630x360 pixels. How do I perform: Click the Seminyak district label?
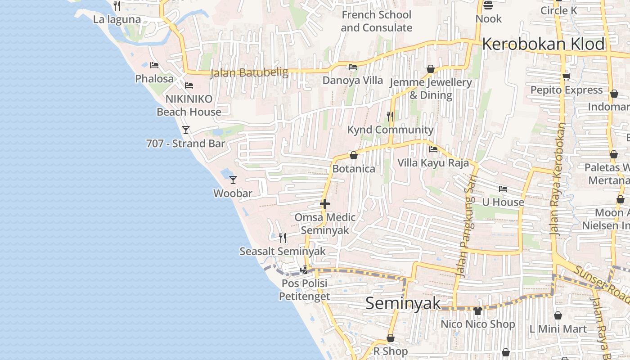click(x=403, y=303)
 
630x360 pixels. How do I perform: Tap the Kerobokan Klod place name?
click(x=543, y=44)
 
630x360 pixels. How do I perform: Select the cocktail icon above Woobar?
click(x=233, y=180)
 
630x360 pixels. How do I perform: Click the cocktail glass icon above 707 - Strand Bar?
click(x=185, y=130)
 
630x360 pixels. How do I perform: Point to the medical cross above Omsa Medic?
click(x=324, y=204)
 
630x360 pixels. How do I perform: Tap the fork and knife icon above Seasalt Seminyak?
click(x=282, y=238)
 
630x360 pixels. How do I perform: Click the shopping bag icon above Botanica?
click(x=354, y=155)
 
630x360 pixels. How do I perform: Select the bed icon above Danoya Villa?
click(x=353, y=67)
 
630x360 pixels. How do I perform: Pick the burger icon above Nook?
click(x=488, y=5)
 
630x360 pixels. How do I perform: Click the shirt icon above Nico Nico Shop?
click(x=477, y=310)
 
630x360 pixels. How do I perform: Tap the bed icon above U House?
click(x=503, y=189)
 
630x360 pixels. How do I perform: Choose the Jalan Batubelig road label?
click(x=249, y=72)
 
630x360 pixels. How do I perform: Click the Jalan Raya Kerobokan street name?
click(x=558, y=180)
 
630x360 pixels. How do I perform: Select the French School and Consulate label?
click(x=376, y=21)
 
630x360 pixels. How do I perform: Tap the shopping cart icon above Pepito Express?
click(x=566, y=76)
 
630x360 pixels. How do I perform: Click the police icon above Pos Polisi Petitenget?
click(x=304, y=270)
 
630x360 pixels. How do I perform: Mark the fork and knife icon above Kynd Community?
click(x=390, y=117)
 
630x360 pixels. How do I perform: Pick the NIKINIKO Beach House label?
click(x=189, y=105)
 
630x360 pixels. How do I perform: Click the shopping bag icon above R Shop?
click(x=391, y=338)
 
